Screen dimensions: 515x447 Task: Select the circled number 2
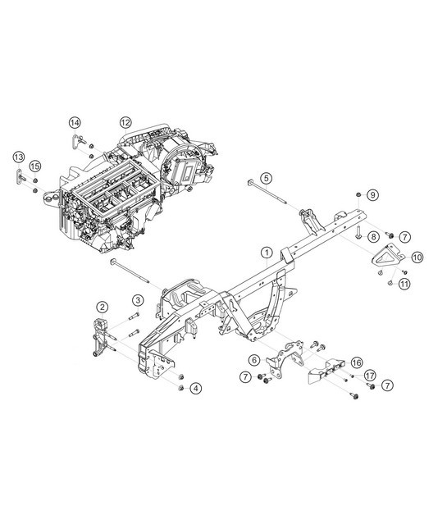(102, 307)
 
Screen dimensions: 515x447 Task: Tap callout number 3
(139, 299)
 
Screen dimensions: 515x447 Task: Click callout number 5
(267, 178)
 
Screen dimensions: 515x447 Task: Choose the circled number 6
(254, 359)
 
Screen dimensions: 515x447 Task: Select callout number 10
(417, 257)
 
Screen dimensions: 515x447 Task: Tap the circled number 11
(404, 285)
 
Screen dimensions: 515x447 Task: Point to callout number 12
(125, 123)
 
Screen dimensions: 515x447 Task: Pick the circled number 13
(18, 157)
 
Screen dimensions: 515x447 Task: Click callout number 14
(74, 123)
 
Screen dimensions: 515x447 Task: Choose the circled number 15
(34, 167)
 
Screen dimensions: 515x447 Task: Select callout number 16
(356, 362)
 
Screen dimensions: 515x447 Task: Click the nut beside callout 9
(359, 194)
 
